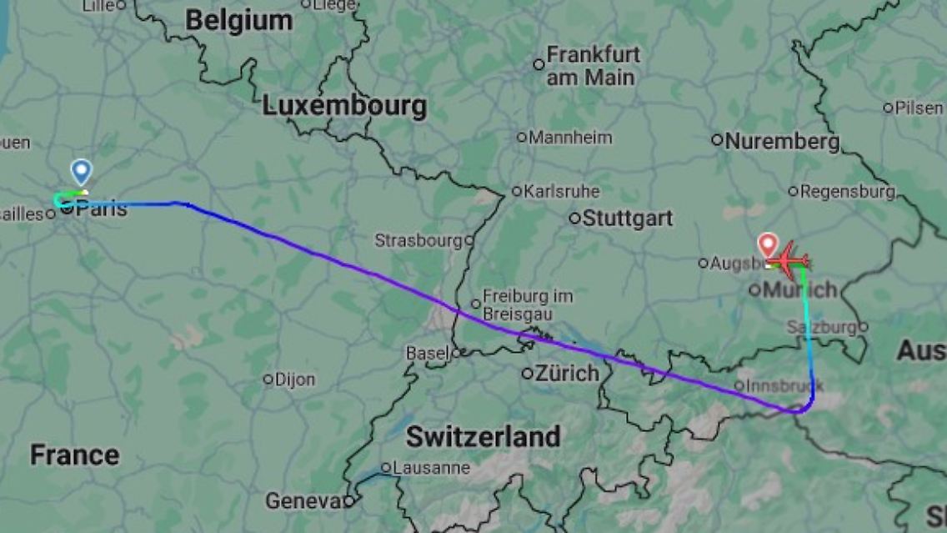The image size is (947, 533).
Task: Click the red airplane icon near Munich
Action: point(789,259)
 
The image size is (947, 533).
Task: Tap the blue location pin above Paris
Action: point(81,172)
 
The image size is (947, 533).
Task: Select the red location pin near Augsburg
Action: point(768,245)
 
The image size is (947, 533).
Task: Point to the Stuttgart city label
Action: point(627,219)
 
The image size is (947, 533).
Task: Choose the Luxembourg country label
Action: point(344,106)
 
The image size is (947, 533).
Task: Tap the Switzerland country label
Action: point(483,436)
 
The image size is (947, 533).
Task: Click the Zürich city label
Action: point(566,373)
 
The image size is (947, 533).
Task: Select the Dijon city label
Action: point(294,380)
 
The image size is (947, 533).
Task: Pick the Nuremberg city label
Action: point(781,141)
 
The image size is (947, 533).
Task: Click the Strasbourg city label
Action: point(418,240)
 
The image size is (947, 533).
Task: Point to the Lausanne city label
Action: point(430,468)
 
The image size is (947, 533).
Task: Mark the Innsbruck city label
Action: point(784,385)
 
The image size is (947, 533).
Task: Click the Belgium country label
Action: point(238,21)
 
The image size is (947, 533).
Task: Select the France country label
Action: point(74,455)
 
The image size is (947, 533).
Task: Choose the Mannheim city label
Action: point(569,138)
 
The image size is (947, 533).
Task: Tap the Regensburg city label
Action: point(846,192)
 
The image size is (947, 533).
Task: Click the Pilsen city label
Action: point(919,108)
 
